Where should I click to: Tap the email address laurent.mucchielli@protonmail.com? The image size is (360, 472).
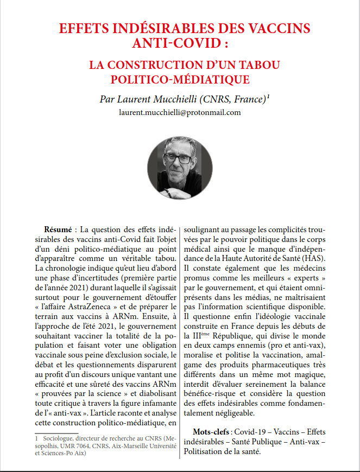[x=180, y=113]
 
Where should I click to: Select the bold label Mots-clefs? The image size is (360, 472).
[x=212, y=432]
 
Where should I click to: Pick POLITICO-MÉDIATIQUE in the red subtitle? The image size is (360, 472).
[x=180, y=80]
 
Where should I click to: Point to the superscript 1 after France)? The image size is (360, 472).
[x=269, y=97]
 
